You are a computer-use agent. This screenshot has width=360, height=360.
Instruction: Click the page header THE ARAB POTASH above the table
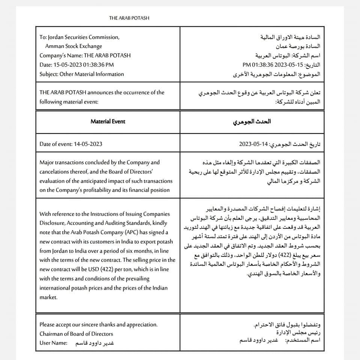(130, 18)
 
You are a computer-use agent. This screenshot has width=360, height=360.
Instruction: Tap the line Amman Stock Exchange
(74, 46)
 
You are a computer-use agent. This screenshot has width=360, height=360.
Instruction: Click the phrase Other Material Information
(92, 74)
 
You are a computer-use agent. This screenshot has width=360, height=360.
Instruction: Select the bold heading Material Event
(108, 121)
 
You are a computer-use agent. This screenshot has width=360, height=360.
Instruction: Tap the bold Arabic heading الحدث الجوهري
(257, 122)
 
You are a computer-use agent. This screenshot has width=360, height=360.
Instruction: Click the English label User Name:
(53, 343)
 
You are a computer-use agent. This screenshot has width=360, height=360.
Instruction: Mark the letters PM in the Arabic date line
(247, 64)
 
